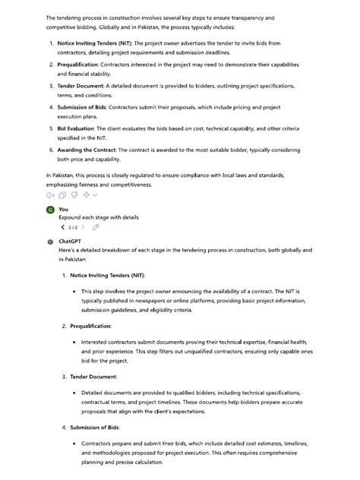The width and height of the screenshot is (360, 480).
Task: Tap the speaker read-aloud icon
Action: [49, 195]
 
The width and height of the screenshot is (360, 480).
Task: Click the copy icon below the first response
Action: [62, 195]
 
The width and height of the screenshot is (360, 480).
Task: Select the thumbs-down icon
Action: [74, 195]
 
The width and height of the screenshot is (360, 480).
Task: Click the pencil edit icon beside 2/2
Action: [96, 227]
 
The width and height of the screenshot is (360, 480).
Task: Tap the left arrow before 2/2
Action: [63, 227]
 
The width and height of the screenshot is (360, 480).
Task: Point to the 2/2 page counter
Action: [72, 227]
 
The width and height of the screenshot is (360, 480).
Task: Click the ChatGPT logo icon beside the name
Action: [50, 241]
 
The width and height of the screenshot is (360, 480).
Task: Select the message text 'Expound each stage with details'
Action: [99, 217]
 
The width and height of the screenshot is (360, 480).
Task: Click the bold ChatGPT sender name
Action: [70, 241]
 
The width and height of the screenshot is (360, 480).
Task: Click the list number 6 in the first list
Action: [51, 151]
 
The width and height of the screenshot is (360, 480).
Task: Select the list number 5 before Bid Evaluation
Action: [51, 129]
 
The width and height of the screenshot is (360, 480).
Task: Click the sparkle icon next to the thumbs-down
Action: [87, 195]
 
